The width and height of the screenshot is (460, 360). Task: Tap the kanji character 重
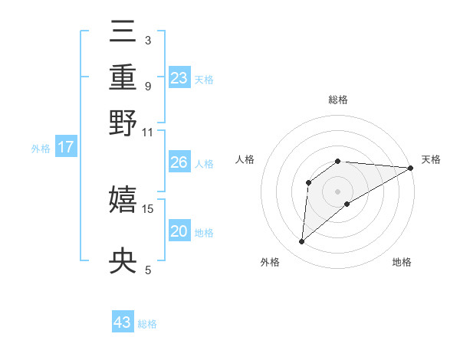[123, 78]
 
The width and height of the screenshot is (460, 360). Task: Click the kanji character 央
[123, 263]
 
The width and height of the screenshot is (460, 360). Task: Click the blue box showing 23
[179, 78]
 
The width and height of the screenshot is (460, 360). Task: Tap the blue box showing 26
[179, 162]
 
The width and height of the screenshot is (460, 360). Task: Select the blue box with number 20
[179, 232]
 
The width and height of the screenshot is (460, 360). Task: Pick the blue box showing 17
[66, 147]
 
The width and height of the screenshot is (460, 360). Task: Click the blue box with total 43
[123, 322]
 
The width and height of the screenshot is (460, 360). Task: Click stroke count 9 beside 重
[148, 86]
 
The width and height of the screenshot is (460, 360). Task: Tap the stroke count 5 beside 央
[148, 270]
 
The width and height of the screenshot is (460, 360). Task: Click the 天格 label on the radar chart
[431, 159]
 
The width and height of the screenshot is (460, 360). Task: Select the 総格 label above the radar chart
[338, 100]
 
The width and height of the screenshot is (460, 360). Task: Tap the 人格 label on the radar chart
[245, 159]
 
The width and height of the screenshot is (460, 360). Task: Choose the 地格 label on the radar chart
[402, 262]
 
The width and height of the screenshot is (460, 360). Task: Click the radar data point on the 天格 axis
[410, 168]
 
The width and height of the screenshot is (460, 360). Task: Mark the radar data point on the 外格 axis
[301, 242]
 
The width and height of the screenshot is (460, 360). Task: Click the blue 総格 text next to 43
[147, 324]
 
